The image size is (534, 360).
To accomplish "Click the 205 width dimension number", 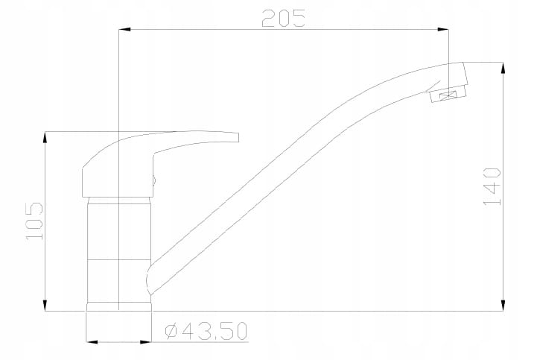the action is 283,18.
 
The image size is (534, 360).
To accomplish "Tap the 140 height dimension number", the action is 492,186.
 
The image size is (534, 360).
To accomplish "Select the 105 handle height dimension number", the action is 34,221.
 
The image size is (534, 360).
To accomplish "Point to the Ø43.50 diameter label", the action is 206,332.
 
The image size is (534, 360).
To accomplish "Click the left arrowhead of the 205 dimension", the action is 124,30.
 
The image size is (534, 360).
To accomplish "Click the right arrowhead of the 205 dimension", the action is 442,30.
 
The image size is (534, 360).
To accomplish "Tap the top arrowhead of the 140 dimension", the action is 503,68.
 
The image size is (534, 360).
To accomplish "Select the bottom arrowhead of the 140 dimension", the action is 503,305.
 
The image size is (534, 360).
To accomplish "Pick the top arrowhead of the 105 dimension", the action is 45,137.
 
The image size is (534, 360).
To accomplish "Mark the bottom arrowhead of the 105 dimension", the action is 45,305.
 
